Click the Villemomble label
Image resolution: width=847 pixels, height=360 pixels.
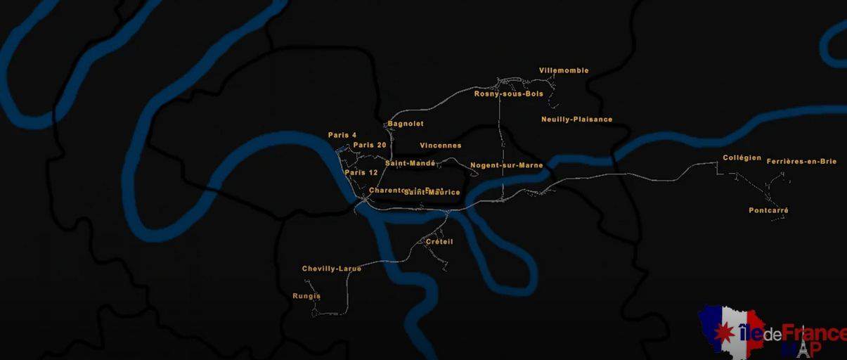click(564, 70)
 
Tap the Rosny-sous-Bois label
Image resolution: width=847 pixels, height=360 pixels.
click(508, 94)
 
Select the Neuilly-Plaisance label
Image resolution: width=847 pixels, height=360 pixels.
click(576, 120)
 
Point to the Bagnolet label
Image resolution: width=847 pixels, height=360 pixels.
click(406, 124)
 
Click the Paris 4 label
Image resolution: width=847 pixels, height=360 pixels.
click(342, 135)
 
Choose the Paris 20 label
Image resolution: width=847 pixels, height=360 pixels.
click(370, 145)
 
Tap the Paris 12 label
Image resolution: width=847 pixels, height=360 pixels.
click(361, 172)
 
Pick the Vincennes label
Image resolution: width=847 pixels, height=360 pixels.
click(441, 146)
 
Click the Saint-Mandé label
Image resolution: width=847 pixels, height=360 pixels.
click(410, 163)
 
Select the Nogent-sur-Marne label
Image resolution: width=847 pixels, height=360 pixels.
click(506, 165)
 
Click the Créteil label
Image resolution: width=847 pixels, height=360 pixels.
click(439, 242)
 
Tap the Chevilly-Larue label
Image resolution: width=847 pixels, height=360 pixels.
click(332, 269)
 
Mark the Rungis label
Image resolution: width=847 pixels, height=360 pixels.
click(306, 296)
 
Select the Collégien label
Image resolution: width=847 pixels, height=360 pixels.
click(742, 157)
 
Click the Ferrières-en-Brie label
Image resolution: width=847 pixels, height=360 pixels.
click(801, 161)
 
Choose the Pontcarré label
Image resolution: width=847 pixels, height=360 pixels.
click(768, 210)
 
